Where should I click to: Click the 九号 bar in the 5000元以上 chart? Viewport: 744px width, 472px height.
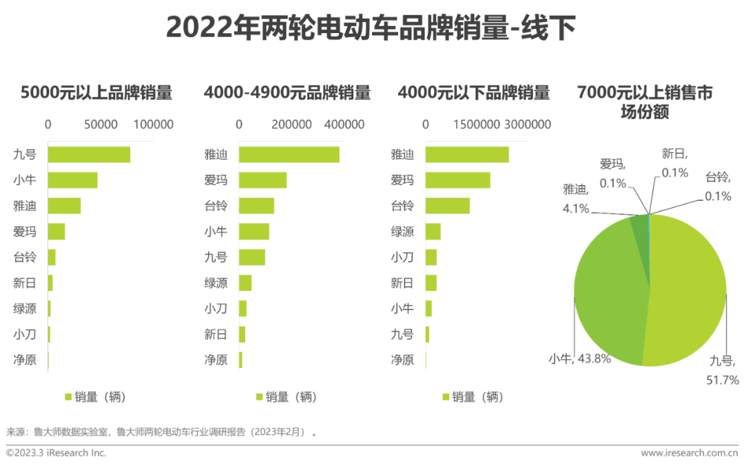(x=89, y=155)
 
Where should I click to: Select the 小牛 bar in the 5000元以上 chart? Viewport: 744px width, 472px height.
(x=72, y=180)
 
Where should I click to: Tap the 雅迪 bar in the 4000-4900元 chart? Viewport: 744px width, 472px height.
(x=289, y=155)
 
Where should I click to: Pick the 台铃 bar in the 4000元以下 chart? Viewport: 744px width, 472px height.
(x=448, y=206)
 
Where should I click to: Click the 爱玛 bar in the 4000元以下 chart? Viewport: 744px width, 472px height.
(x=458, y=180)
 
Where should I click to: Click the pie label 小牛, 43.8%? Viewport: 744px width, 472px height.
(x=580, y=358)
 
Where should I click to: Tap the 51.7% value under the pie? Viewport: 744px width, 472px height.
(x=723, y=380)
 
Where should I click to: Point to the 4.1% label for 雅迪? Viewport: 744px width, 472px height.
(x=575, y=208)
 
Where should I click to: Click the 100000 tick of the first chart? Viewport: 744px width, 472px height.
(x=153, y=125)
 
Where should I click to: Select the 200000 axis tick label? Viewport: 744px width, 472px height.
(x=291, y=125)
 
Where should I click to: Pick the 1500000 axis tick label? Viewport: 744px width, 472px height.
(x=477, y=125)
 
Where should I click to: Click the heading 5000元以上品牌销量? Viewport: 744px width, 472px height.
(x=96, y=92)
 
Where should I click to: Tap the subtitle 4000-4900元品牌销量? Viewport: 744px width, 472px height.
(x=287, y=92)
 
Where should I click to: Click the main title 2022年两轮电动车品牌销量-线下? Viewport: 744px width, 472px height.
(x=371, y=27)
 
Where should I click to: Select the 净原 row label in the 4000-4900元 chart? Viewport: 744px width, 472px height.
(x=216, y=360)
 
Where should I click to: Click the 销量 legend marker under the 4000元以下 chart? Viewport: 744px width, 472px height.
(x=446, y=396)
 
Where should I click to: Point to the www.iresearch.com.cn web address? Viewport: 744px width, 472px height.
(x=690, y=453)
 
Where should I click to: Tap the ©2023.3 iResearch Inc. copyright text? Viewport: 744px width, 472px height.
(x=56, y=453)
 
